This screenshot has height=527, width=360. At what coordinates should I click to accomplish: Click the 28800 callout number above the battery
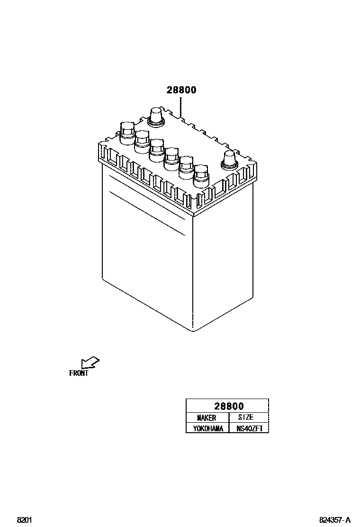point(181,90)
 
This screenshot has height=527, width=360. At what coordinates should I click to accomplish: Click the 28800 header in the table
point(228,406)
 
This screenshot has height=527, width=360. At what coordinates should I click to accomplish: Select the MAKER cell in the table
point(207,418)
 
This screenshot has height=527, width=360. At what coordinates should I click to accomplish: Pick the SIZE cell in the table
point(245,418)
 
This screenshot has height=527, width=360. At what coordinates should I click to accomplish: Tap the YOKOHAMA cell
point(207,428)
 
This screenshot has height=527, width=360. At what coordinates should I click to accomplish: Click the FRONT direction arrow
point(90,363)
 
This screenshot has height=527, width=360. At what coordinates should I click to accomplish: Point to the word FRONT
point(79,373)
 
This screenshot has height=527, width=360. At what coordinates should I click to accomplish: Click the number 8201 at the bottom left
point(24,520)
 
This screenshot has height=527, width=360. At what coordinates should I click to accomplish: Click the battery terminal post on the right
point(228,160)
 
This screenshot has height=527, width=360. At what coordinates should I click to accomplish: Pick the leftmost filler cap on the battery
point(127,131)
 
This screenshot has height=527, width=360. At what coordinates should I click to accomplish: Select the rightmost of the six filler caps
point(201,174)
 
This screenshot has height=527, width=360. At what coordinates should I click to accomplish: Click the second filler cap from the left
point(142,140)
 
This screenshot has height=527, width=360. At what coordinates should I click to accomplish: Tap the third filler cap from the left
point(157,149)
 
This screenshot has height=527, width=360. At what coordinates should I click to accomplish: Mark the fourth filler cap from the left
point(171,157)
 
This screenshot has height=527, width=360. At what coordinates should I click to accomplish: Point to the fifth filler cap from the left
point(186,166)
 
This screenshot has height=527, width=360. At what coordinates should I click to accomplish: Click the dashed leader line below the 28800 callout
point(181,107)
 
